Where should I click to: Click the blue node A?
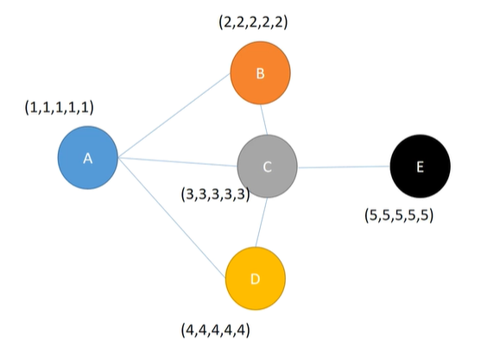(x=87, y=159)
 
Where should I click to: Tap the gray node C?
(x=268, y=167)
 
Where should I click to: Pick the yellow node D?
(x=255, y=279)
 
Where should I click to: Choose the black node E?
(x=420, y=167)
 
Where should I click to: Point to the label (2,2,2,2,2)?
(x=253, y=22)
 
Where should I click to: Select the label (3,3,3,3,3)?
(x=215, y=194)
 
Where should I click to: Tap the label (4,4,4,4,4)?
(x=217, y=330)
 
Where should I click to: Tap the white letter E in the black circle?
(x=420, y=167)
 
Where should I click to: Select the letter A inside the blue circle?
(x=87, y=159)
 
